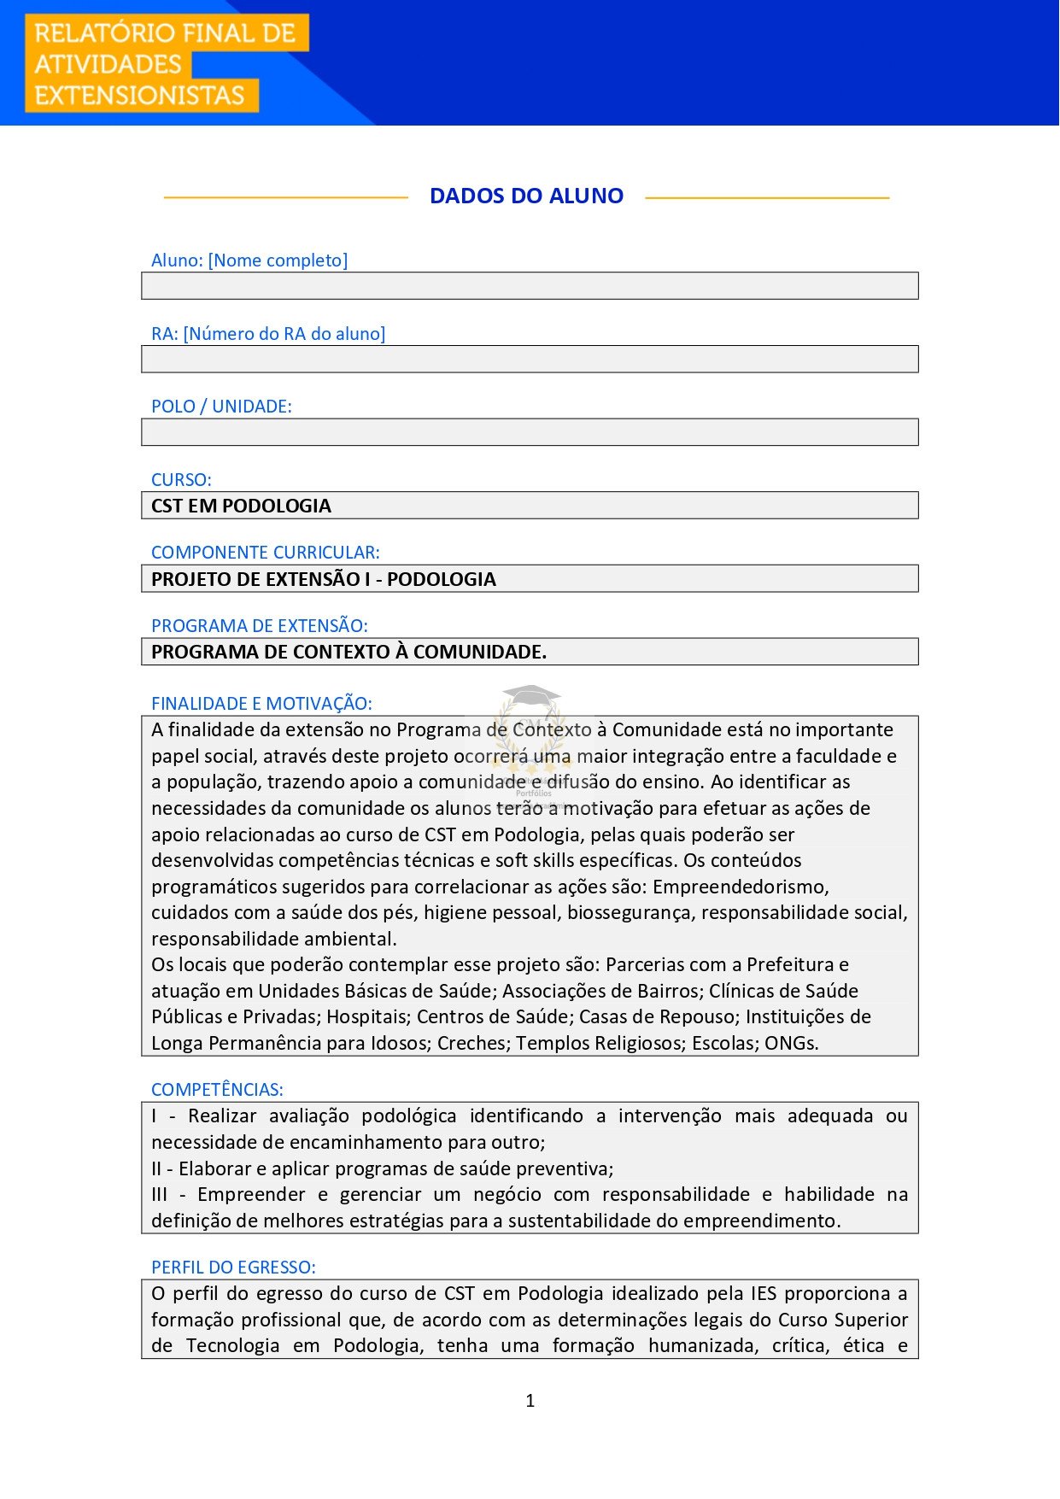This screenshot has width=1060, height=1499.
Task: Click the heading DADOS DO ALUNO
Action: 526,196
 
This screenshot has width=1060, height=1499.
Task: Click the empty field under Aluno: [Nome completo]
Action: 530,286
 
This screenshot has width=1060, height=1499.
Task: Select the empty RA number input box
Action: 530,360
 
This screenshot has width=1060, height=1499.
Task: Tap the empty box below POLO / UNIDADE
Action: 530,432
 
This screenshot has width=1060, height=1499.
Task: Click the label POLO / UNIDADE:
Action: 221,407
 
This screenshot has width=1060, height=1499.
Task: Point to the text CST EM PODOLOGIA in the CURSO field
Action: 241,506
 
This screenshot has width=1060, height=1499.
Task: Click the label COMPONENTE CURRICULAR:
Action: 265,553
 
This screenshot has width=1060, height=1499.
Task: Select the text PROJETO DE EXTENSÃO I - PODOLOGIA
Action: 323,579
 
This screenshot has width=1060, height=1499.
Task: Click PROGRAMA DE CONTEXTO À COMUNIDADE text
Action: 348,652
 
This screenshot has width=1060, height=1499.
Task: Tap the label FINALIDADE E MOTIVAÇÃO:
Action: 261,704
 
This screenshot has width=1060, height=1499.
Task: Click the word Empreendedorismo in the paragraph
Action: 740,887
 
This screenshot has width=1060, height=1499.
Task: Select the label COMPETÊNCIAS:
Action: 217,1090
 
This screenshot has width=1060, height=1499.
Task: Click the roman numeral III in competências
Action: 159,1195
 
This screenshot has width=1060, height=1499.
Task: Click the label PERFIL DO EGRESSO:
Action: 233,1268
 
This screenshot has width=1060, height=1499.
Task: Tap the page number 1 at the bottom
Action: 530,1401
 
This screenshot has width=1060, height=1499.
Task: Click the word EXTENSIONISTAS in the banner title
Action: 139,96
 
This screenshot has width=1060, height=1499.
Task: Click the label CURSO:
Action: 181,480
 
